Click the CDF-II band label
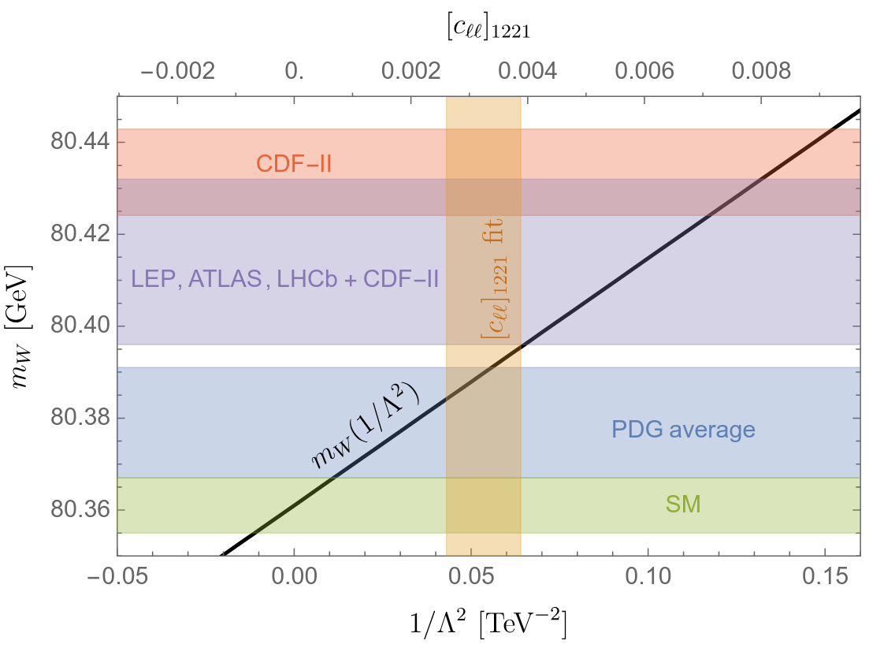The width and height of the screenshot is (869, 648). [x=293, y=164]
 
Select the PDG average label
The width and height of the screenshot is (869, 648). [x=683, y=430]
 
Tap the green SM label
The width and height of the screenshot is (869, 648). [x=683, y=504]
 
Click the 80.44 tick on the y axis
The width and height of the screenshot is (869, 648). [x=83, y=143]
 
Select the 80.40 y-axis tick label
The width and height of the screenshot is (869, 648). [x=83, y=326]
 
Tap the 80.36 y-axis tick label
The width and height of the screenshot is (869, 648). [x=83, y=510]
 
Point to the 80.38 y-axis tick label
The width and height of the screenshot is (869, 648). [x=83, y=418]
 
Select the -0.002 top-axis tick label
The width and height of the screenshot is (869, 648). [x=177, y=71]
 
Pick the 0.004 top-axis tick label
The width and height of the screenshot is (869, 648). [x=528, y=71]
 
